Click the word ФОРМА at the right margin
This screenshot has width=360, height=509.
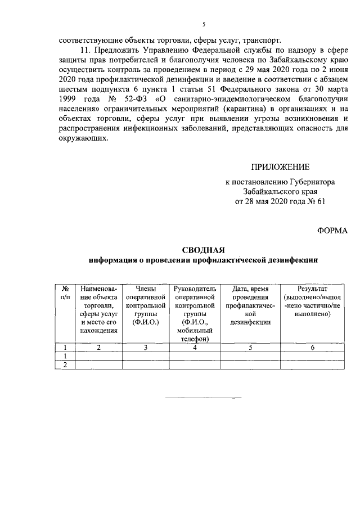coord(332,229)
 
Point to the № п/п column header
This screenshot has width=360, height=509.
coord(65,292)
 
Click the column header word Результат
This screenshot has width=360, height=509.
coord(316,288)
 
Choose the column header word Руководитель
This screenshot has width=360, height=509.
coord(195,288)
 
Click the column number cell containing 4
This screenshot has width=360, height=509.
coord(195,347)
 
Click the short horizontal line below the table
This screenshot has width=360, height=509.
coord(203,398)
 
